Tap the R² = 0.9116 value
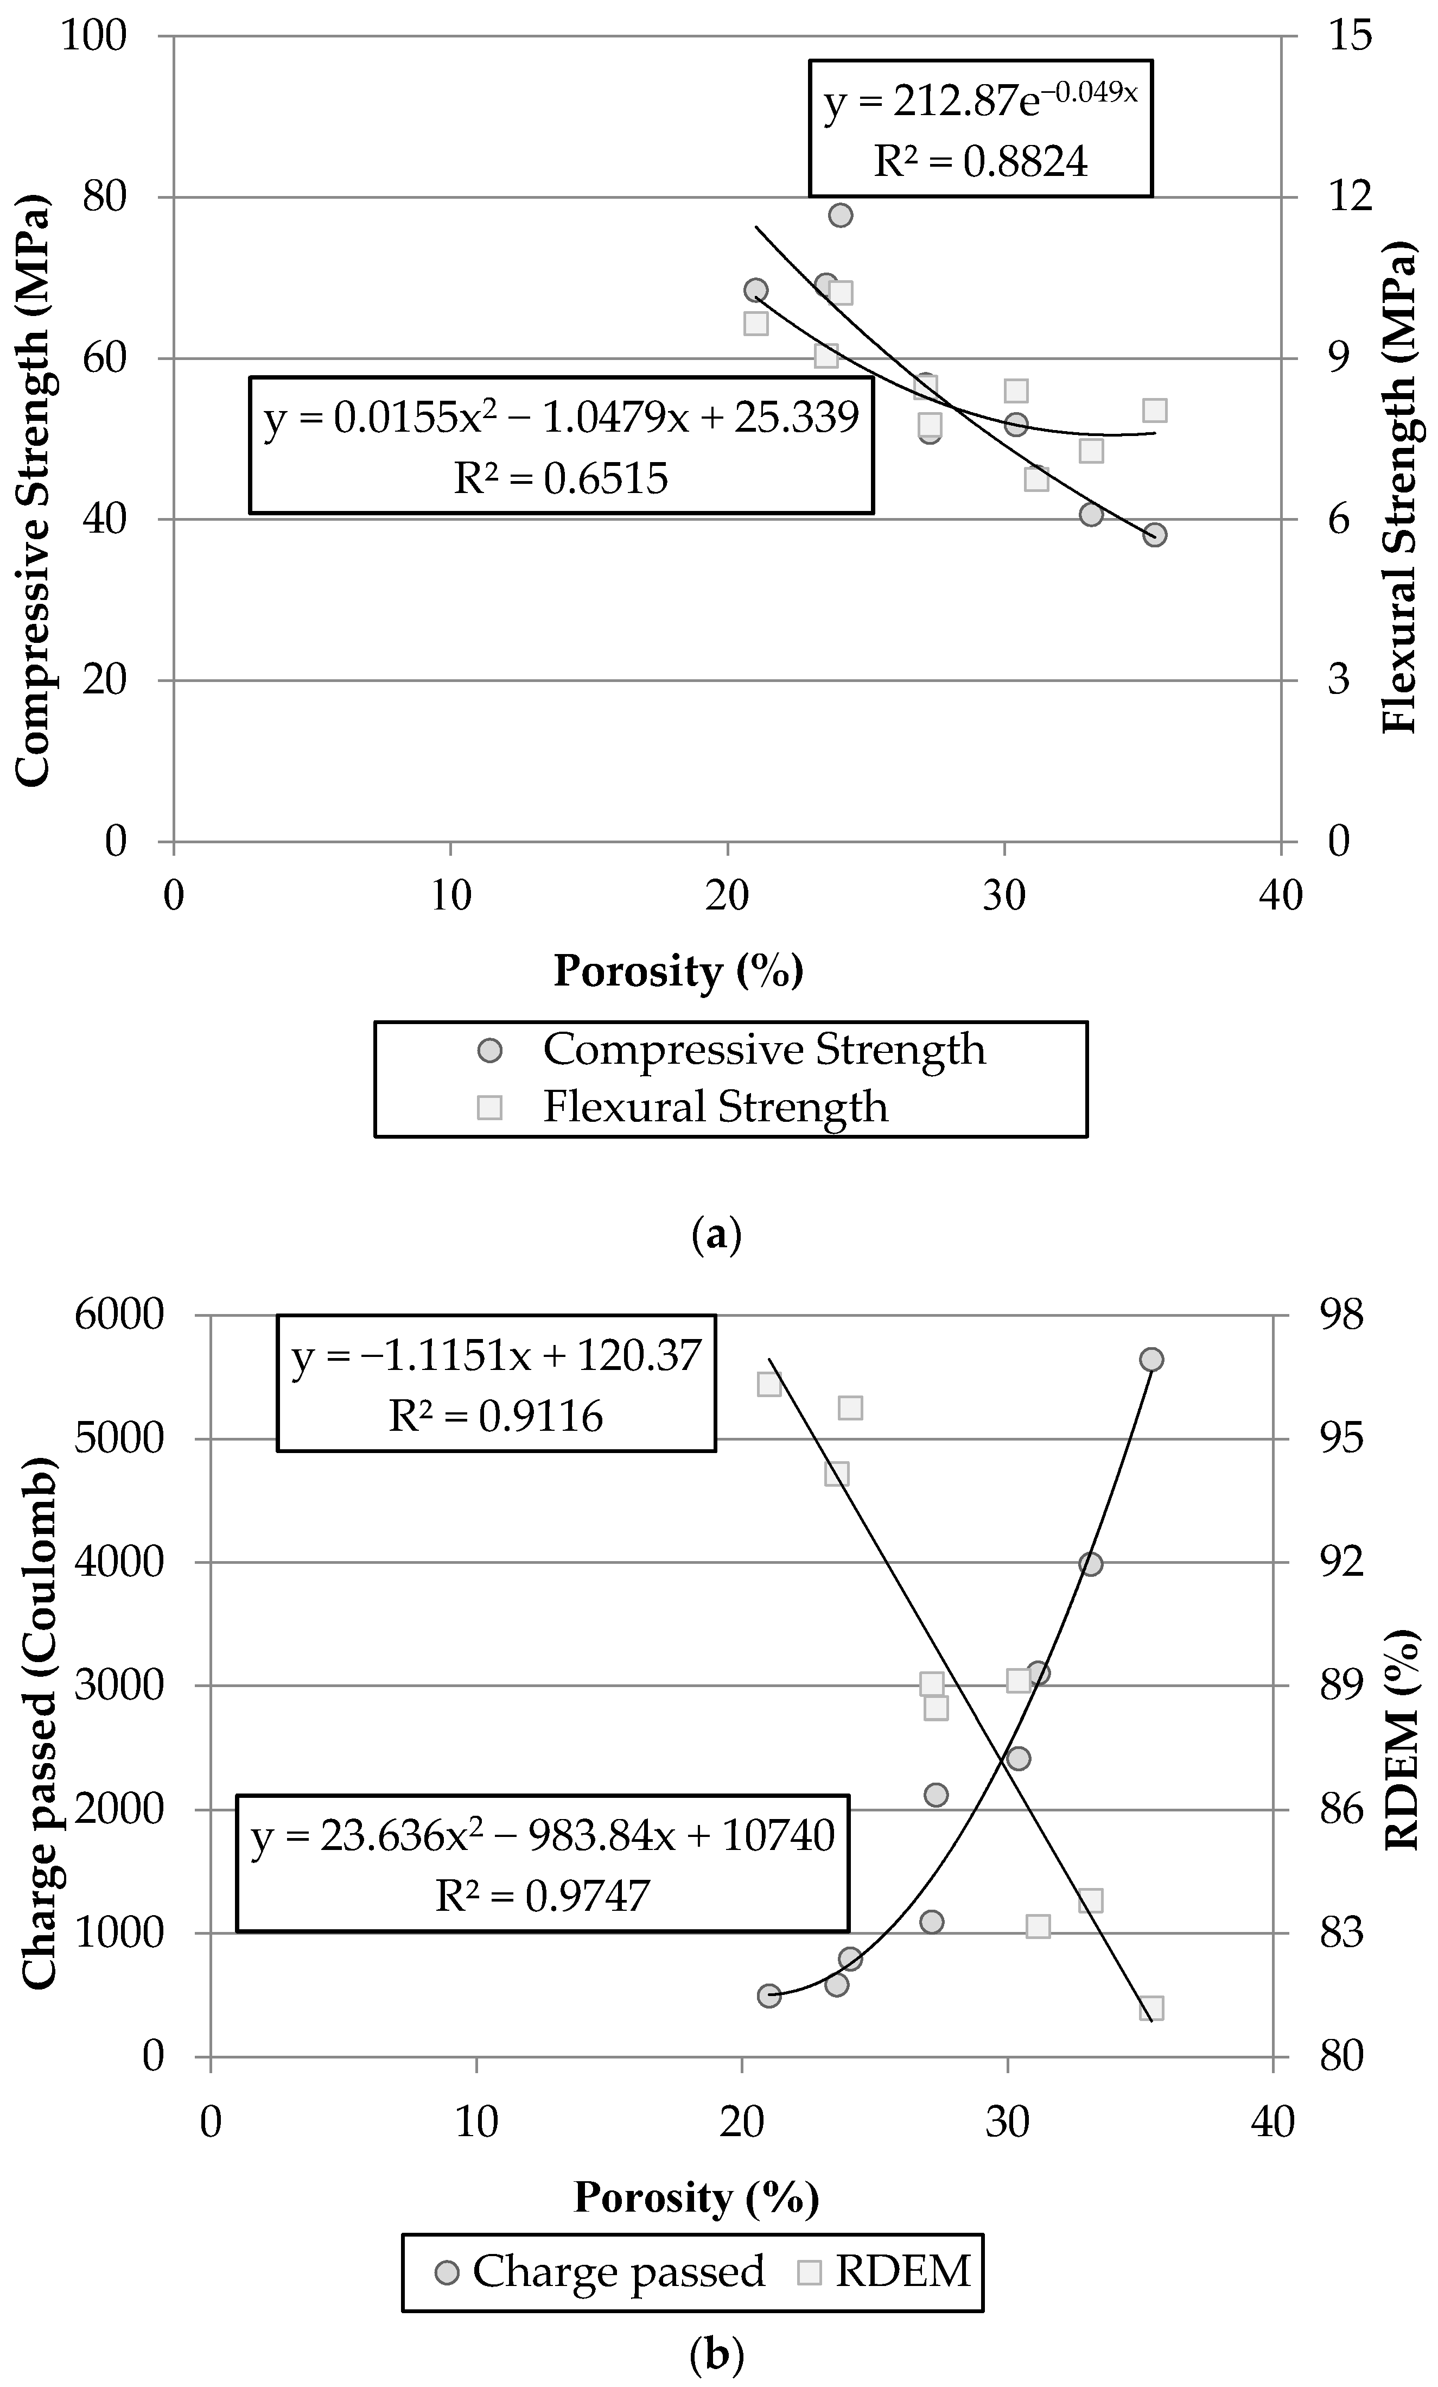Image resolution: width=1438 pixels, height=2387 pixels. (x=496, y=1416)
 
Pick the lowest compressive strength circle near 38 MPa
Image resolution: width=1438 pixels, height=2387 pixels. (x=1154, y=535)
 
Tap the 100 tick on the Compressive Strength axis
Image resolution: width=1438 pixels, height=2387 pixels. (x=94, y=36)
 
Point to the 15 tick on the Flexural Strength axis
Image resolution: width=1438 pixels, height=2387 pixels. (x=1350, y=36)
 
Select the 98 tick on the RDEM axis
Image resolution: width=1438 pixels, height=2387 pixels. (x=1341, y=1316)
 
